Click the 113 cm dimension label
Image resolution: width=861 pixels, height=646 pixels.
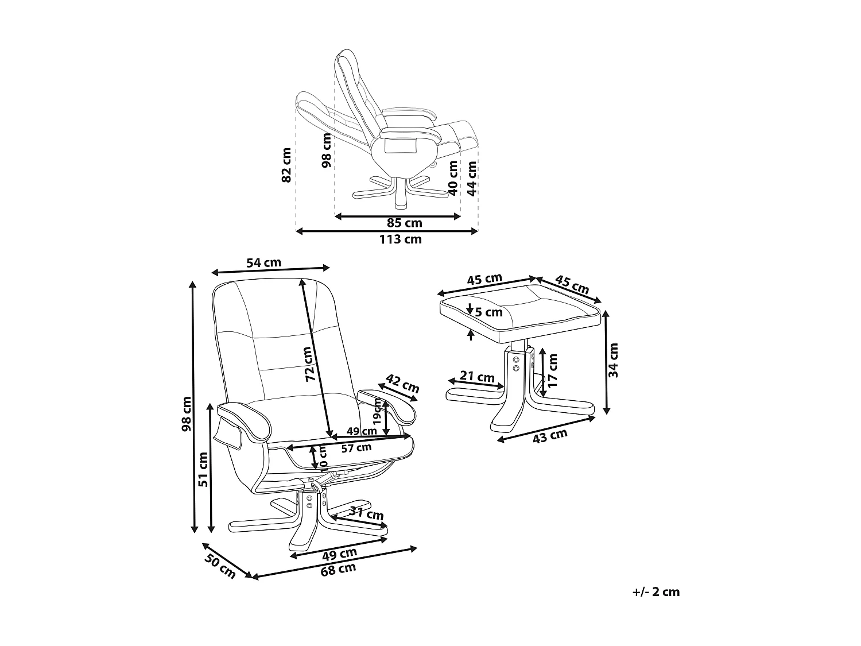coord(400,239)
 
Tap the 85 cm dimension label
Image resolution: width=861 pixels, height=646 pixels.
coord(404,223)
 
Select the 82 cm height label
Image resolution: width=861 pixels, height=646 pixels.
coord(287,165)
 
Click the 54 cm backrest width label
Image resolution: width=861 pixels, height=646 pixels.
coord(263,263)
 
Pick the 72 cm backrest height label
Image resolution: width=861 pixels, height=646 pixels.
coord(311,365)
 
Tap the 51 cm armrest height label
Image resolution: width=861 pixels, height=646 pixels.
coord(203,469)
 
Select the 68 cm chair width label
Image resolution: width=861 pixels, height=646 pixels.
coord(339,570)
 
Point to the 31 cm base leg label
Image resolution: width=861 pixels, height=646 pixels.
coord(367,514)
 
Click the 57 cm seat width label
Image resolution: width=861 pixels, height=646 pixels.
coord(356,447)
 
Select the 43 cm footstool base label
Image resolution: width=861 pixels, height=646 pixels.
coord(550,436)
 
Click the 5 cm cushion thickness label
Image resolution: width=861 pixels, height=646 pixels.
coord(489,312)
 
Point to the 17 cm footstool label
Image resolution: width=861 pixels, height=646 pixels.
coord(553,370)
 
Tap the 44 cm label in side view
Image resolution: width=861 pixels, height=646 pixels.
coord(472,178)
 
